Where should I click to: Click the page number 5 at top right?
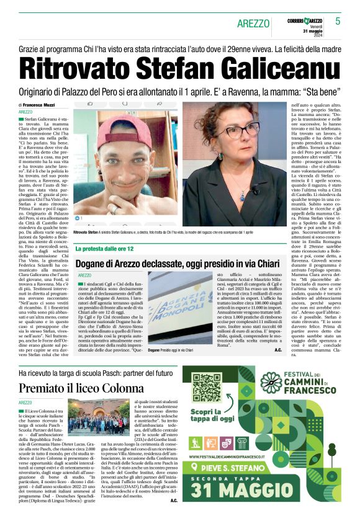[338, 21]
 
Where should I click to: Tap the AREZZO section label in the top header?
[253, 24]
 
